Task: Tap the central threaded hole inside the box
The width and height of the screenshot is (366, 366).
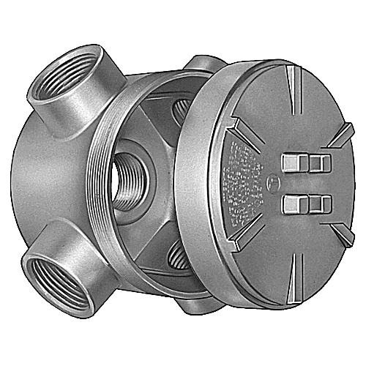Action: point(130,173)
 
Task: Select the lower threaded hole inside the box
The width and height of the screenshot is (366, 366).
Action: point(176,257)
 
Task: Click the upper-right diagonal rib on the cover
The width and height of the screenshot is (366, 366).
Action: point(337,135)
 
